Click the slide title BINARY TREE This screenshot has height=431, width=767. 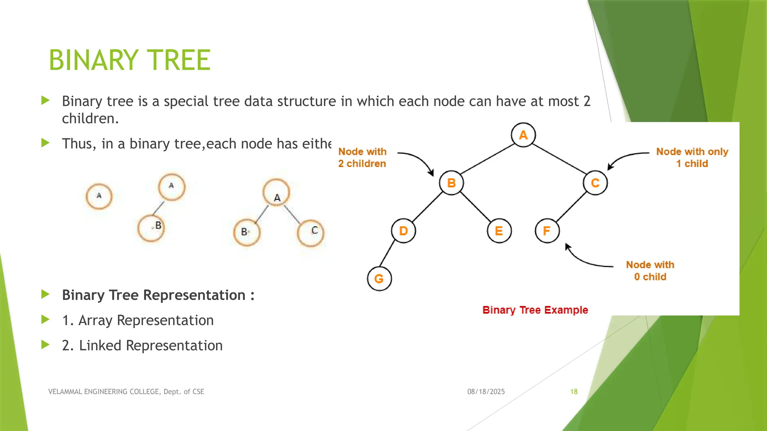pos(130,60)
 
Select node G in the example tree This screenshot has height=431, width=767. pos(379,279)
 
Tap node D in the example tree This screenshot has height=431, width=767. pos(403,231)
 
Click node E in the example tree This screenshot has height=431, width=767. pos(499,231)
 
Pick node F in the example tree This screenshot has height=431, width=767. pos(547,231)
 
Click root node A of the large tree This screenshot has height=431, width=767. pos(523,135)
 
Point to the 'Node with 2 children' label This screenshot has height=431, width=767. pos(362,158)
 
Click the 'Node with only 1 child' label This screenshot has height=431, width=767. pos(692,158)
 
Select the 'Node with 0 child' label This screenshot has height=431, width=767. pos(650,270)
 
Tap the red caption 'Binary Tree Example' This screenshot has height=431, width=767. pos(535,310)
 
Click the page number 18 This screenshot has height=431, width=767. pos(574,392)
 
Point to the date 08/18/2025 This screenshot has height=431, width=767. pos(486,392)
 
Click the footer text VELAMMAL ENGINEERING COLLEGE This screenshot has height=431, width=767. pos(126,392)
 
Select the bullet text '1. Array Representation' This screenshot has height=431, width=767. pos(138,320)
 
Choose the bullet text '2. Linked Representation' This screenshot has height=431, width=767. pos(142,345)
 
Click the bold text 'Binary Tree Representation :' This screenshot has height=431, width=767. pos(158,295)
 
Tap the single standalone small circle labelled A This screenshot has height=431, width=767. pos(99,196)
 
